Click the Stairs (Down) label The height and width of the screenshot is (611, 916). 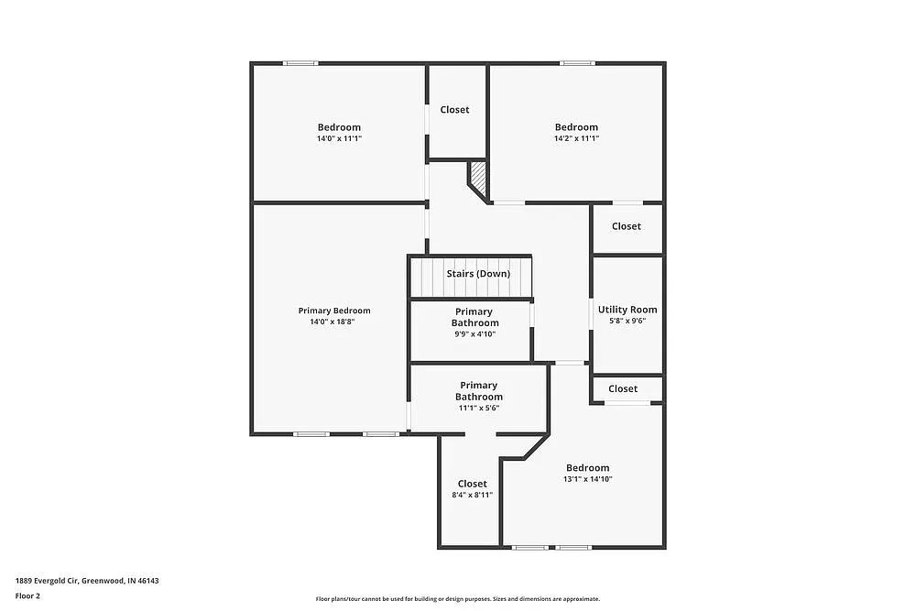point(477,274)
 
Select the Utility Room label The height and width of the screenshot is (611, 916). point(627,310)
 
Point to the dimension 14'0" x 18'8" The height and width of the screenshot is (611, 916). point(334,322)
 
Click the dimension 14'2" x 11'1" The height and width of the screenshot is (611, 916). point(576,139)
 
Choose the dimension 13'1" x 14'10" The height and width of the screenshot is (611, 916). point(587,479)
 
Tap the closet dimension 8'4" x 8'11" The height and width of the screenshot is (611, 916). point(473,495)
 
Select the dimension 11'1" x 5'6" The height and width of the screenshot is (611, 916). point(479,409)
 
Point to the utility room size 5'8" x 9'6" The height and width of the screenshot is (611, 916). point(627,322)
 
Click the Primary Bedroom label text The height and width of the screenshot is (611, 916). point(334,311)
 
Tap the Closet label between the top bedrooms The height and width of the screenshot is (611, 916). point(454,110)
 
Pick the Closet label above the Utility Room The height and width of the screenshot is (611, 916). point(627,226)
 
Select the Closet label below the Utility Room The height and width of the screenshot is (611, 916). point(623,388)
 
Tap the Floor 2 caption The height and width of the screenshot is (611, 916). point(27,595)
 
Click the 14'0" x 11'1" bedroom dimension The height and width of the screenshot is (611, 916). point(339,139)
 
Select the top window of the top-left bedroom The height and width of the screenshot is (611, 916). point(300,63)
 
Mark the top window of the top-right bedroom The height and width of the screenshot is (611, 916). point(578,63)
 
